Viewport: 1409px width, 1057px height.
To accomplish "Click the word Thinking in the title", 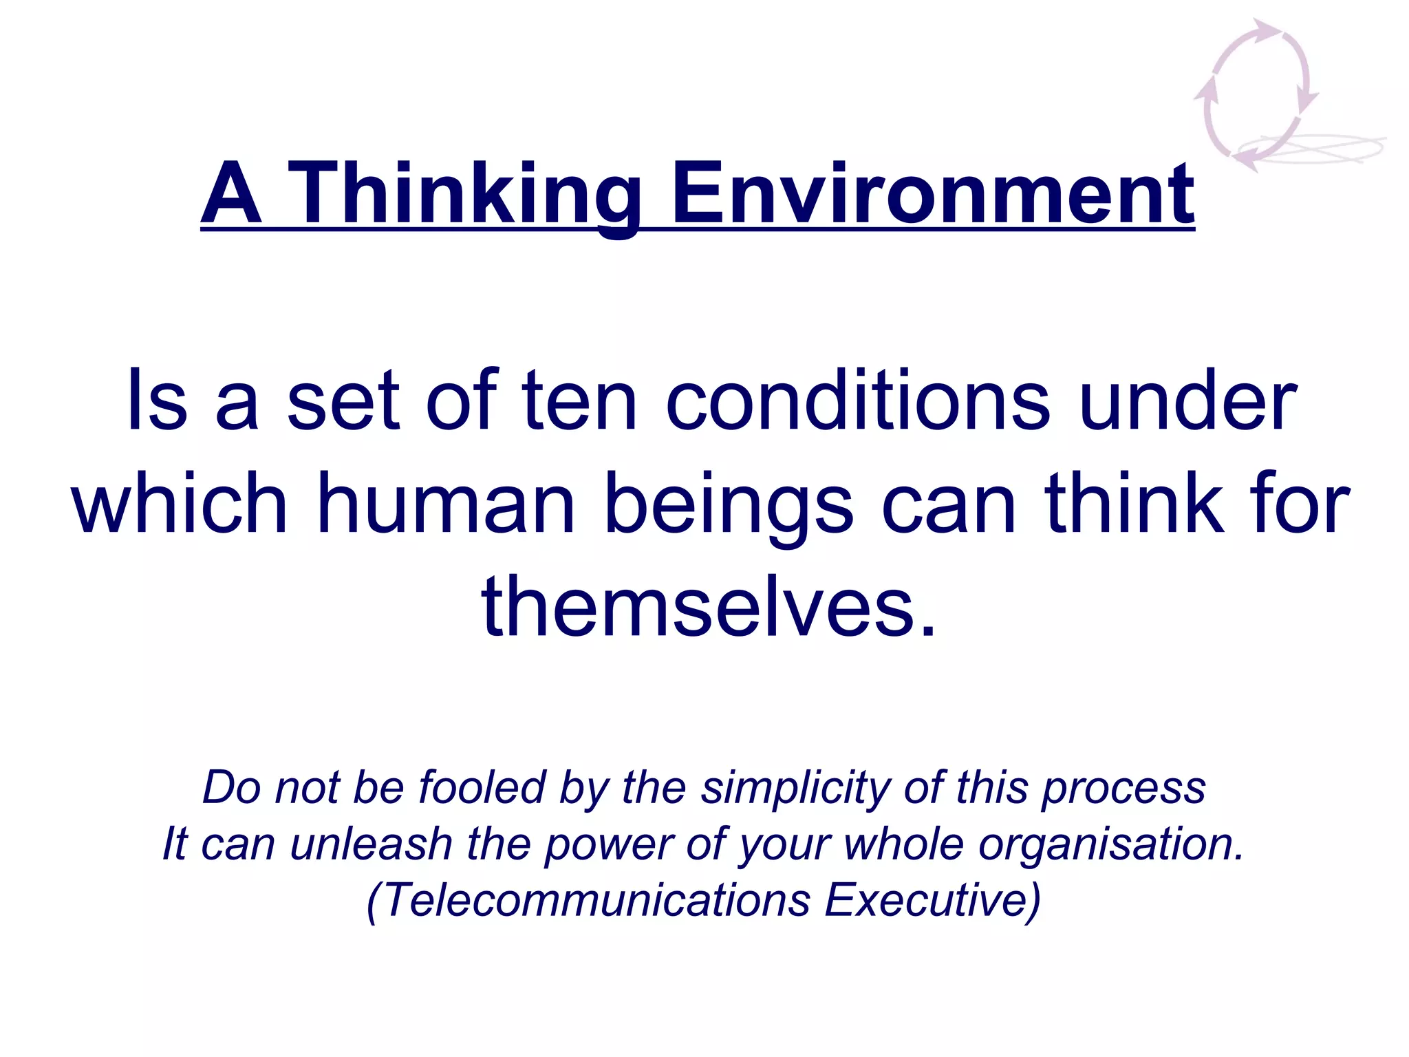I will pyautogui.click(x=463, y=194).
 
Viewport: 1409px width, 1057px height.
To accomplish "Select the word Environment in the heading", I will pyautogui.click(x=932, y=194).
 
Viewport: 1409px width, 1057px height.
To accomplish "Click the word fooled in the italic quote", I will pyautogui.click(x=482, y=787).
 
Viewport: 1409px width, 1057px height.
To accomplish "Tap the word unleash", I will pyautogui.click(x=371, y=844).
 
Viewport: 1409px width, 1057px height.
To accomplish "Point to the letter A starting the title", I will pyautogui.click(x=231, y=194).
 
